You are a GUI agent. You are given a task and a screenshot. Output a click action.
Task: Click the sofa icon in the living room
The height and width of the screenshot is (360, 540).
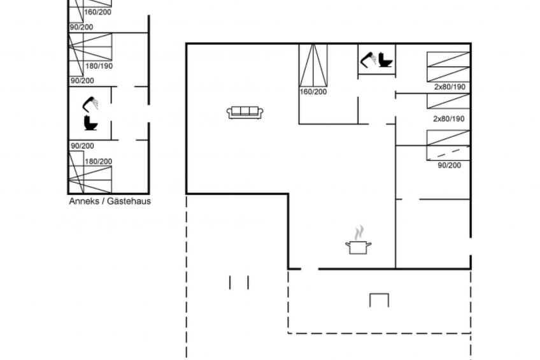coord(245,112)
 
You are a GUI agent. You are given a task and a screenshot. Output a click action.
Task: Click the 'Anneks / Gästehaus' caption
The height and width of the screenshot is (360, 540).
coord(110,201)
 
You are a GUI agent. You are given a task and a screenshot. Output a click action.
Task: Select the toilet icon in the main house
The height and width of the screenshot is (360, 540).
coord(385,59)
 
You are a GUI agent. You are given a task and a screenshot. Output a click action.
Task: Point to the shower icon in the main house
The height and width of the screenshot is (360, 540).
coord(368,59)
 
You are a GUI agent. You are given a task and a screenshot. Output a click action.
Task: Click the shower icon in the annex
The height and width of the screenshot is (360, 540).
coord(90,104)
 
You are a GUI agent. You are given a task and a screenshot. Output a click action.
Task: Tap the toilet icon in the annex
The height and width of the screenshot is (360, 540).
coord(91,123)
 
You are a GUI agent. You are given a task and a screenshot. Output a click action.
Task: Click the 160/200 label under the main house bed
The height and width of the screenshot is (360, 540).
coord(313,92)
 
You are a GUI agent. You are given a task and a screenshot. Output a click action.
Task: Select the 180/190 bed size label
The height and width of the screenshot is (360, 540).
coord(99,66)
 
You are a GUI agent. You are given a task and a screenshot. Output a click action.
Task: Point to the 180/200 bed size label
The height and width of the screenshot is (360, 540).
coord(99,161)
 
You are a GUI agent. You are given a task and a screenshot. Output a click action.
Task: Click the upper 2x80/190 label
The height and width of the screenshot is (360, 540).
coord(450,87)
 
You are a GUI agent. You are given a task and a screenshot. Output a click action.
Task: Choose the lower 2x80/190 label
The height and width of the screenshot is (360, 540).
coord(449,119)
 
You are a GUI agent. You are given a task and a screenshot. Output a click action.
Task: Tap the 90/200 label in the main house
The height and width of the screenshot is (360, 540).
coord(450,166)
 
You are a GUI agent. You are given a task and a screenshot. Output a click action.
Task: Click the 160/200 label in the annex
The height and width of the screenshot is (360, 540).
coord(98,12)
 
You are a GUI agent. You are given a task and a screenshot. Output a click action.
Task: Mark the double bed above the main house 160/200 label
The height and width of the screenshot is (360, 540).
coord(313,65)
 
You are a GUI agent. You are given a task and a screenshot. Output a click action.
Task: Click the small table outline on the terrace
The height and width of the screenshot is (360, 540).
coord(379,300)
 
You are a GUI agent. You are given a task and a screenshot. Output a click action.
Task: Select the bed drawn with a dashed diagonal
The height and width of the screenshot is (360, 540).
coord(448,153)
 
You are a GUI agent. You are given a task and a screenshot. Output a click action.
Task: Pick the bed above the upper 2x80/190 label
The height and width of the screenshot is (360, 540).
coord(448,67)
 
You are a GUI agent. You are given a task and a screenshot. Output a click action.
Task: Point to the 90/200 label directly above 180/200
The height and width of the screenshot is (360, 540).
coord(82,146)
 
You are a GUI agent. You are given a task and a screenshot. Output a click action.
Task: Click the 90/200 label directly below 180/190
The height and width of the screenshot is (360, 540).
coord(82,81)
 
